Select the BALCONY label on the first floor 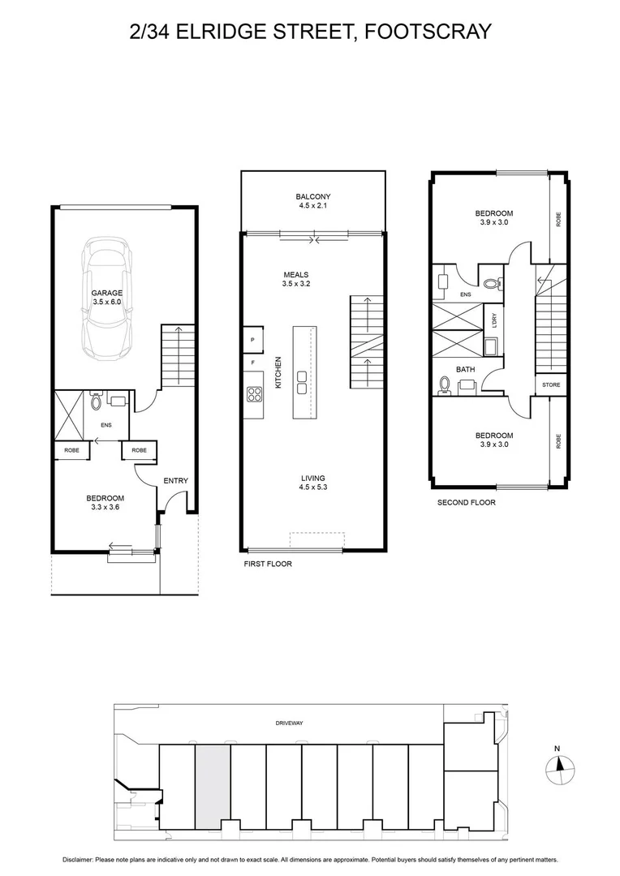[x=312, y=197]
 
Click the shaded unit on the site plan [x=213, y=787]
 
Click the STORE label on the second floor [x=551, y=384]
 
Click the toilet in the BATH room [x=444, y=385]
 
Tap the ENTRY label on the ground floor [x=175, y=481]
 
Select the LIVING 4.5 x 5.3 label [x=312, y=483]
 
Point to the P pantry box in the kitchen [x=252, y=339]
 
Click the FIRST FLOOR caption [x=267, y=563]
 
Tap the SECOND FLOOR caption [x=466, y=502]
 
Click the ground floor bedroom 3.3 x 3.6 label [x=105, y=502]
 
